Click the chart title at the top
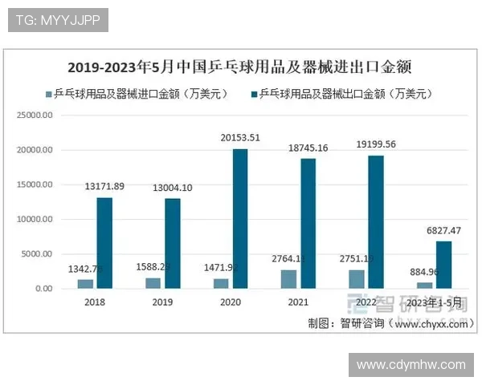point(239,66)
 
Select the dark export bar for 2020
point(240,219)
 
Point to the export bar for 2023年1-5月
point(444,265)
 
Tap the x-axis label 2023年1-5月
point(434,302)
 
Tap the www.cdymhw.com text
point(411,365)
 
